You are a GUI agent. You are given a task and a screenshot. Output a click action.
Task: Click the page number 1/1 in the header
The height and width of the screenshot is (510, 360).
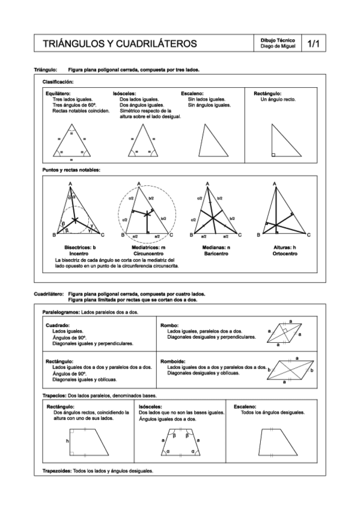click(313, 44)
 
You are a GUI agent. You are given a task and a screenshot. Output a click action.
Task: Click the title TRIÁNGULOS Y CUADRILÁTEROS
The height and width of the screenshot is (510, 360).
click(120, 44)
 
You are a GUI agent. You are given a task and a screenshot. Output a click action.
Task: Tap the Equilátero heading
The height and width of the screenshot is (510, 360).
click(58, 94)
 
